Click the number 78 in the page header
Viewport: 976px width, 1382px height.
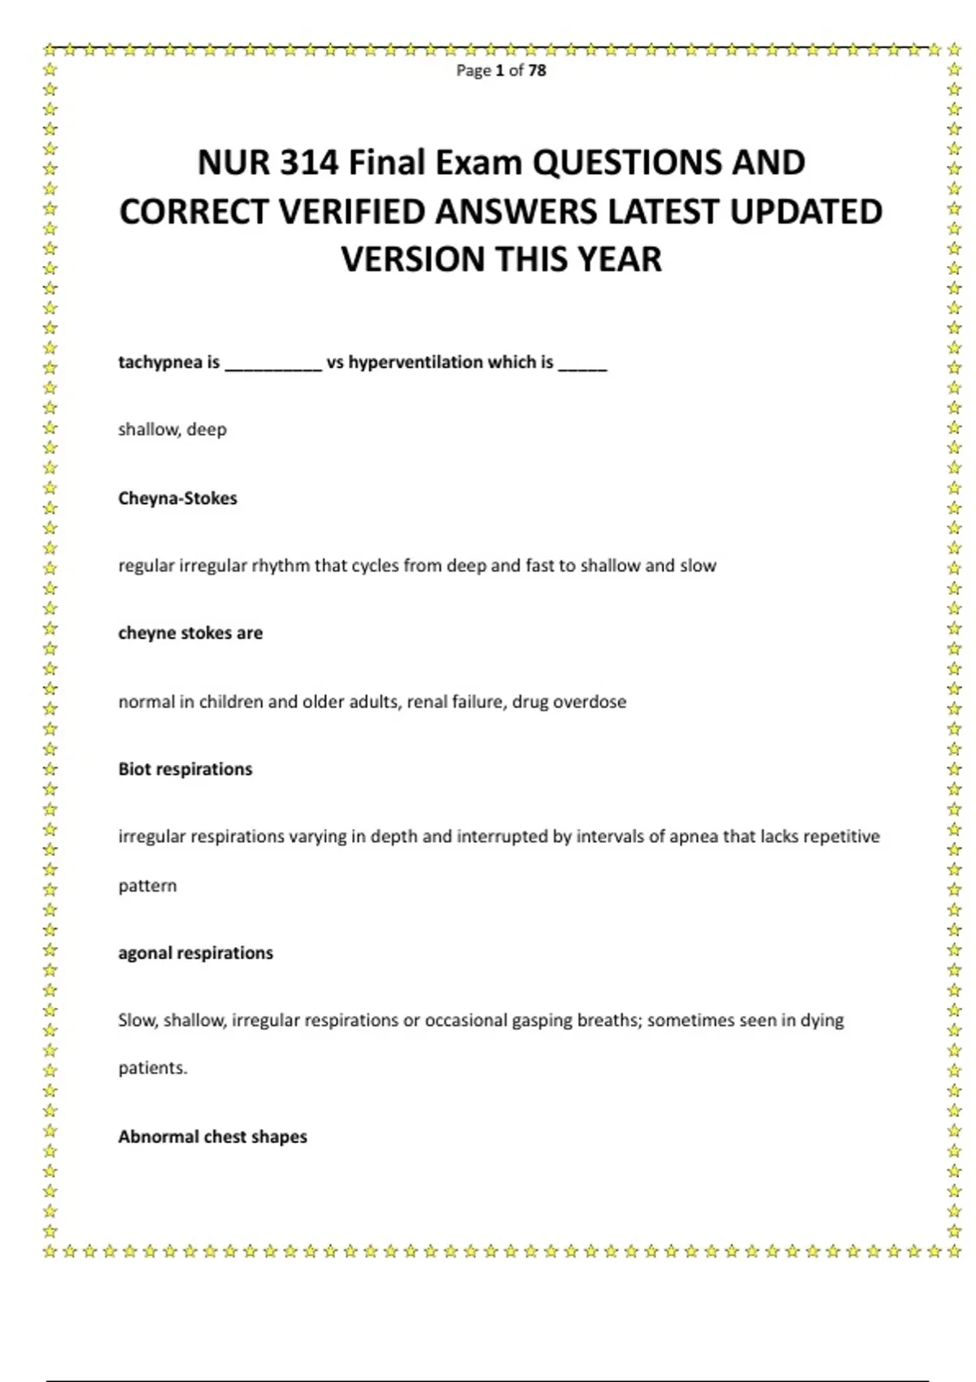point(537,71)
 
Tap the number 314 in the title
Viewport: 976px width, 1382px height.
point(309,163)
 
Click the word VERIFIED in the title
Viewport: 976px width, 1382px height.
point(353,212)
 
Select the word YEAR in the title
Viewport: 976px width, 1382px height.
point(621,260)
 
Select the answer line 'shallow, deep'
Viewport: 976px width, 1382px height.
point(172,429)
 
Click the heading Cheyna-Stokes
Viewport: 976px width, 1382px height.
point(177,498)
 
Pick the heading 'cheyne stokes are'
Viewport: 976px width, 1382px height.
point(190,633)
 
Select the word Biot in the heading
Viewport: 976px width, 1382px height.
point(135,769)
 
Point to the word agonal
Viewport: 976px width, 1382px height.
point(145,954)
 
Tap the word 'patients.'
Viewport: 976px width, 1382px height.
point(153,1068)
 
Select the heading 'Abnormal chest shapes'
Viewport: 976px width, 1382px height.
point(212,1136)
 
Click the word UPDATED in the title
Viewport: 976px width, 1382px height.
point(805,212)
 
